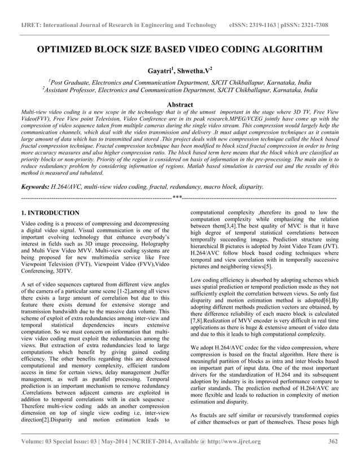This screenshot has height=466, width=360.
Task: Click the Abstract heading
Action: (177, 104)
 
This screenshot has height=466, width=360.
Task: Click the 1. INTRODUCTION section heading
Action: (50, 213)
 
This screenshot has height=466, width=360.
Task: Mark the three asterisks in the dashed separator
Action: (177, 198)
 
